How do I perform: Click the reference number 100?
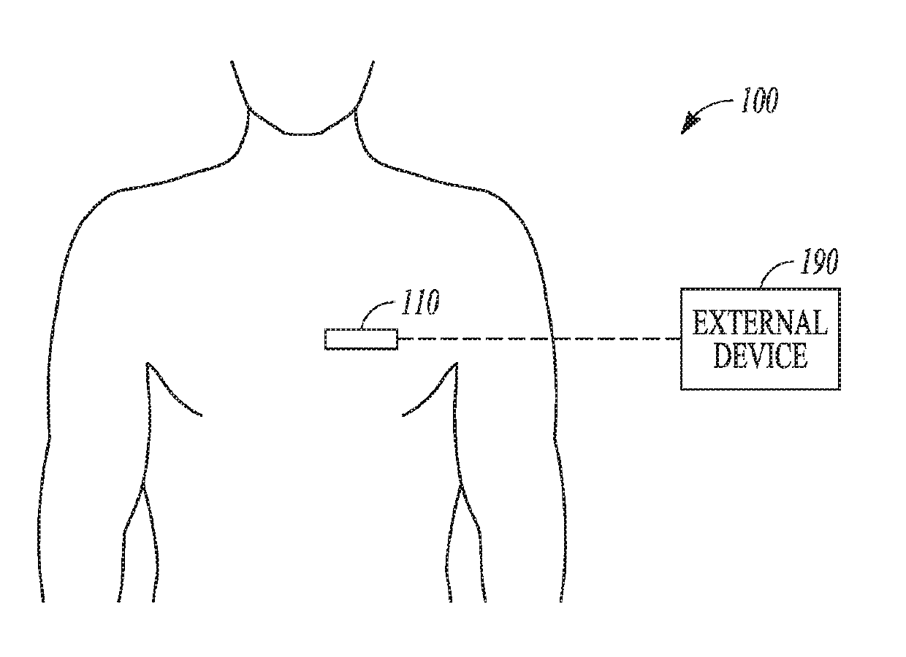758,101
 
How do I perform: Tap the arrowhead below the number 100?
689,125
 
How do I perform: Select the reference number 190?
818,262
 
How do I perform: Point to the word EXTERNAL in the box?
760,323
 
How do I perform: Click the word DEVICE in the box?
760,356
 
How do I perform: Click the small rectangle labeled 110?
361,339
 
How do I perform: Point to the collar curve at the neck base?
300,134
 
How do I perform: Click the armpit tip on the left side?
148,363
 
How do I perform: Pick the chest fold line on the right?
429,394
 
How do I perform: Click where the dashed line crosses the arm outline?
552,339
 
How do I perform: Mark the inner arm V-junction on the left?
143,488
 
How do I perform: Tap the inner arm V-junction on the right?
460,488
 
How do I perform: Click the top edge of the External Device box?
760,289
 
